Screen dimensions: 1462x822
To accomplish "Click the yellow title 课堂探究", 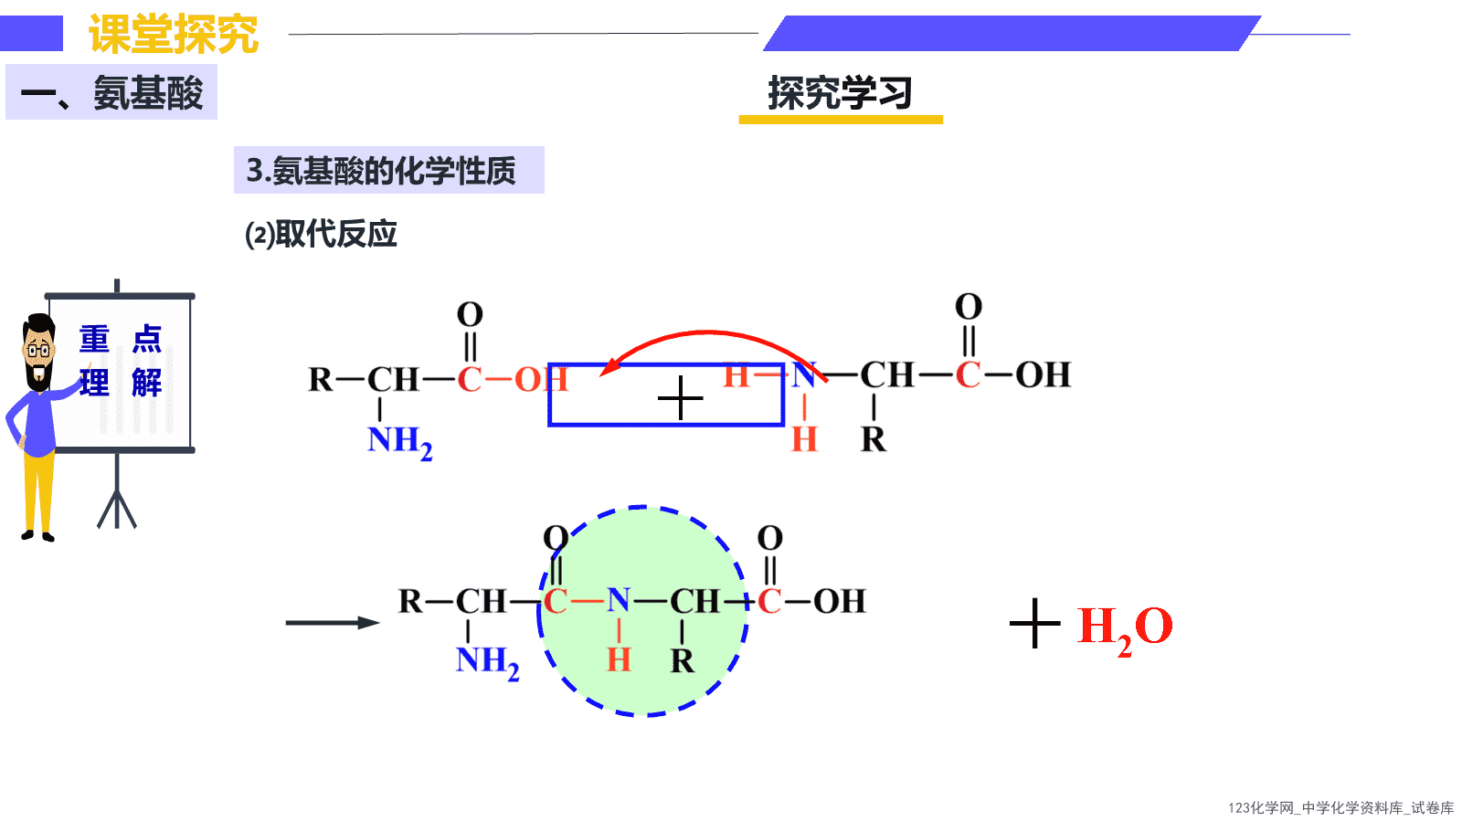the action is [x=174, y=34].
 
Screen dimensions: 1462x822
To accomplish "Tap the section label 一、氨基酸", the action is [x=111, y=92].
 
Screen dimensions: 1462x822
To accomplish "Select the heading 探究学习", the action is [x=840, y=92].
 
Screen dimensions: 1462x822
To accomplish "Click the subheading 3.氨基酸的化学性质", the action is [x=381, y=170].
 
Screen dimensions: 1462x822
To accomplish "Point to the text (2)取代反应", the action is [x=321, y=234].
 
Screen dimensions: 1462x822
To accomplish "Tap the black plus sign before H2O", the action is [x=1034, y=624].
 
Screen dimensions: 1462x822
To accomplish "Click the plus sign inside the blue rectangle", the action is [x=680, y=397].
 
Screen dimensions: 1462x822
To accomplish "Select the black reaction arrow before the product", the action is [x=333, y=623].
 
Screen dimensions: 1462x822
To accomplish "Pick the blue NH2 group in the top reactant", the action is [x=399, y=442].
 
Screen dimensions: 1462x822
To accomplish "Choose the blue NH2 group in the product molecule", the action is [x=488, y=662].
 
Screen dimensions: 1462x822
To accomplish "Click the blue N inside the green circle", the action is [x=618, y=600].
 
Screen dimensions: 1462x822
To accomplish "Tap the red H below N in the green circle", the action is [x=619, y=659].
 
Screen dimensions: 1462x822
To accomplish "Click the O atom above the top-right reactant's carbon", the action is [x=969, y=307].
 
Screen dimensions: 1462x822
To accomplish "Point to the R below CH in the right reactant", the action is [x=874, y=439].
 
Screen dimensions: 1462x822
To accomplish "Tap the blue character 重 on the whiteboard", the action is [x=94, y=339].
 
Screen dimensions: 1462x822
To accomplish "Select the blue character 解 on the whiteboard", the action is [x=147, y=383].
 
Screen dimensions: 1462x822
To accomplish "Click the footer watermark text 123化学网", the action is [x=1260, y=808].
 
